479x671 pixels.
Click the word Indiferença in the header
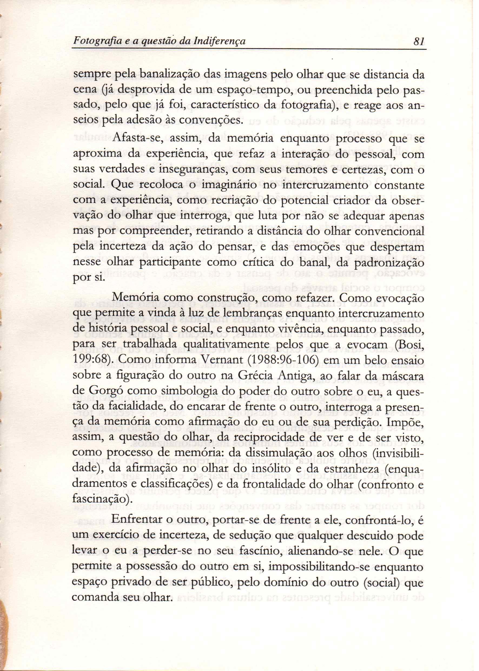click(x=219, y=41)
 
